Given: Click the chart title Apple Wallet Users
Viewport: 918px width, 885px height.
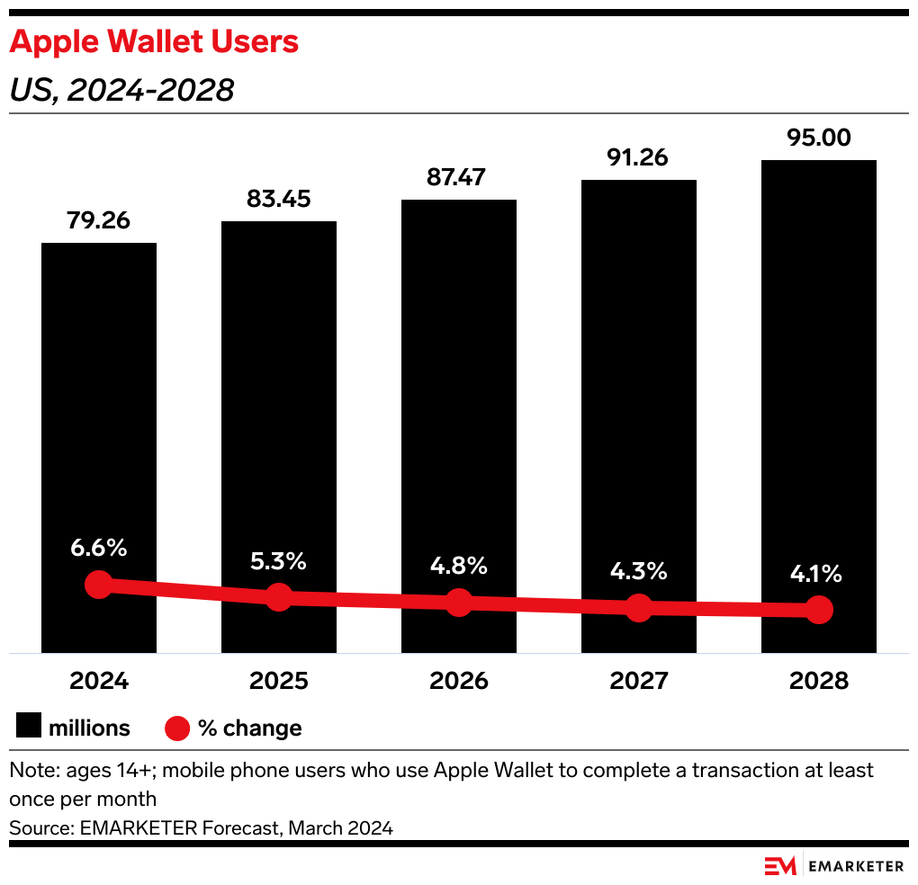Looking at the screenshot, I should pyautogui.click(x=154, y=42).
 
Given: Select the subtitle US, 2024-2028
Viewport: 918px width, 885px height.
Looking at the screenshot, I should pyautogui.click(x=121, y=90).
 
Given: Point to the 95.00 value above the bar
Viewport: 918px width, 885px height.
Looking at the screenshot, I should pyautogui.click(x=819, y=139).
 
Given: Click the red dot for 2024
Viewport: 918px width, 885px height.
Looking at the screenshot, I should pyautogui.click(x=99, y=585).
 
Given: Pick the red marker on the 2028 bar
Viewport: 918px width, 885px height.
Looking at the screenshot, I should pyautogui.click(x=819, y=610).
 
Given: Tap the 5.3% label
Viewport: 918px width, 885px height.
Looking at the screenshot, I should pyautogui.click(x=279, y=562).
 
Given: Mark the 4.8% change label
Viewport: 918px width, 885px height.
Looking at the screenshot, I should pyautogui.click(x=459, y=567).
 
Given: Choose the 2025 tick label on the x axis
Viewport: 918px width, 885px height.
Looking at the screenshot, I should pyautogui.click(x=279, y=681).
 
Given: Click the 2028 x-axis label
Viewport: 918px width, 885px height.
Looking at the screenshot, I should pyautogui.click(x=819, y=681).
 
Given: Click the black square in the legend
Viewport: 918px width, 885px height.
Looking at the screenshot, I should pyautogui.click(x=28, y=728).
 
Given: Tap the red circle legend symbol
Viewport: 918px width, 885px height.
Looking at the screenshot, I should pyautogui.click(x=177, y=728).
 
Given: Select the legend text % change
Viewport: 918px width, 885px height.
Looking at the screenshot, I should pyautogui.click(x=250, y=728).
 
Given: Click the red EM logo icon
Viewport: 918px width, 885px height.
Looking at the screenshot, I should pyautogui.click(x=780, y=866).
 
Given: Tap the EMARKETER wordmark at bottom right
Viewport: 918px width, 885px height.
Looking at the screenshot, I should pyautogui.click(x=856, y=866).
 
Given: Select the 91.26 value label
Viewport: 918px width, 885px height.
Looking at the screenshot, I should pyautogui.click(x=639, y=158).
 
